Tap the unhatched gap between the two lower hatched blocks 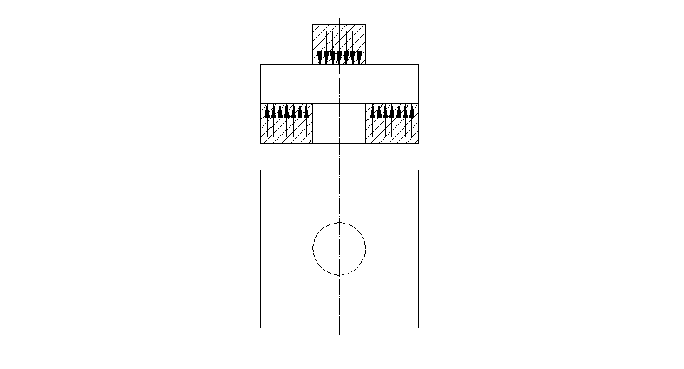pos(340,123)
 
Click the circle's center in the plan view pos(340,249)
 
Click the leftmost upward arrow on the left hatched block pos(268,111)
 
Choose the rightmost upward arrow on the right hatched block pos(411,111)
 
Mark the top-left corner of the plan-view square pos(261,170)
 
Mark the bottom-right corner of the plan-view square pos(418,328)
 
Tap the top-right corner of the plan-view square pos(418,170)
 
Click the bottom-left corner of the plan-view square pos(261,328)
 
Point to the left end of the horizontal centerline pos(254,249)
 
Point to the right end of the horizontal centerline pos(426,249)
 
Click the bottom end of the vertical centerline pos(340,334)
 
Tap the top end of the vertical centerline pos(340,19)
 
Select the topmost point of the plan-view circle pos(340,222)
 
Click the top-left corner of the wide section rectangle pos(261,65)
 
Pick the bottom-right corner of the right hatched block pos(418,143)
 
